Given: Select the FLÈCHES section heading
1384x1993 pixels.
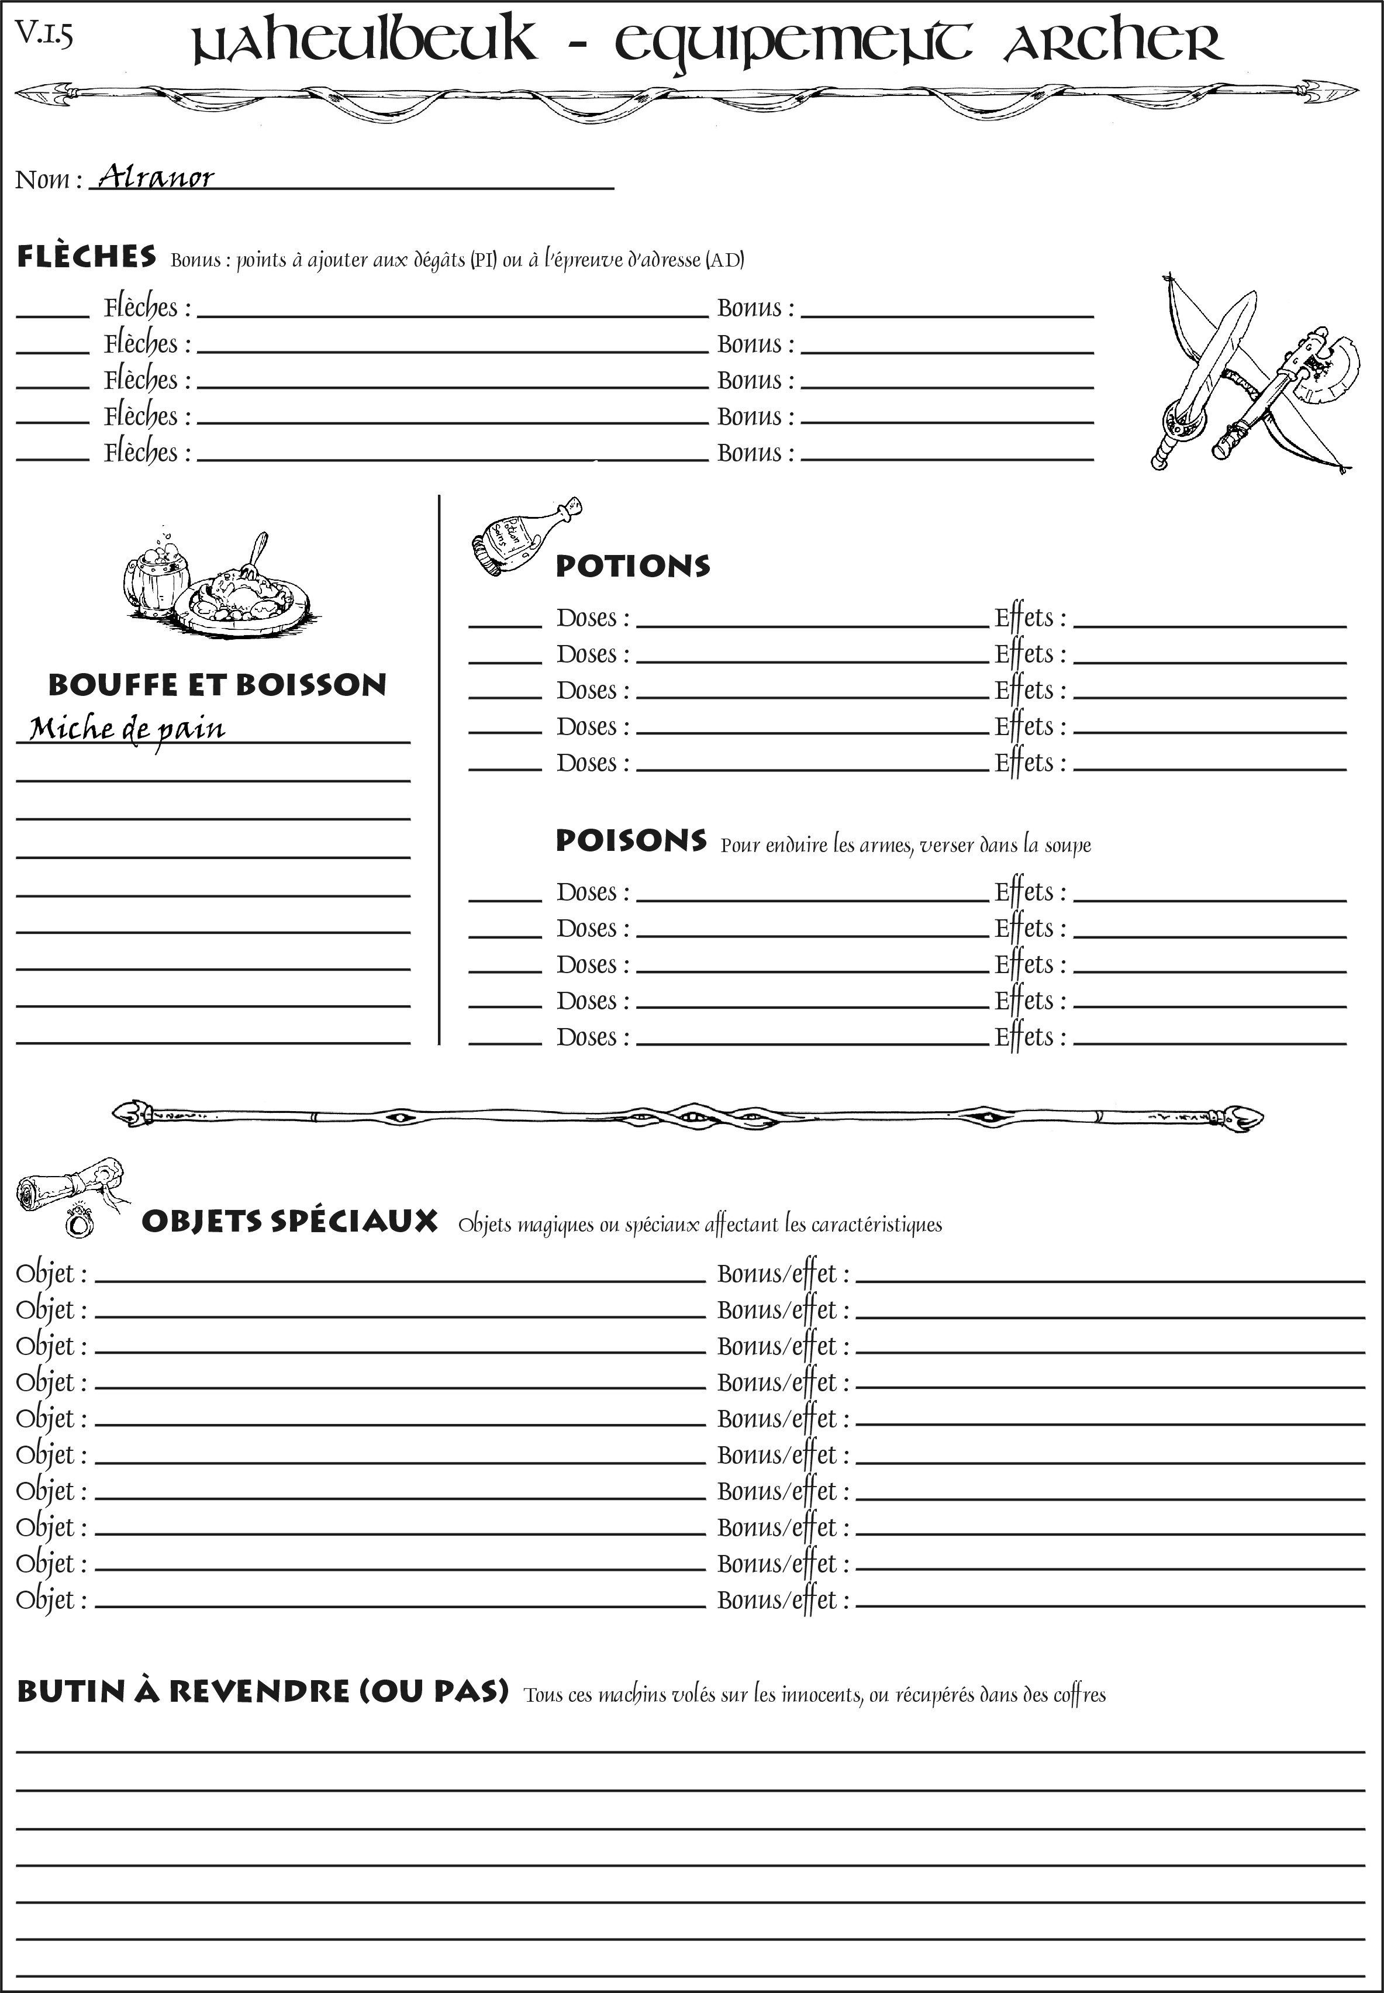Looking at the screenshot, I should (87, 257).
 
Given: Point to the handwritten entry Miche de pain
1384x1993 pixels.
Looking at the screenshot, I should (127, 729).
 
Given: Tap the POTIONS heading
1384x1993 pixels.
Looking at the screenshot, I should (632, 566).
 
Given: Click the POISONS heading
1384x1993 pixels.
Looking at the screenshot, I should (630, 840).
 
